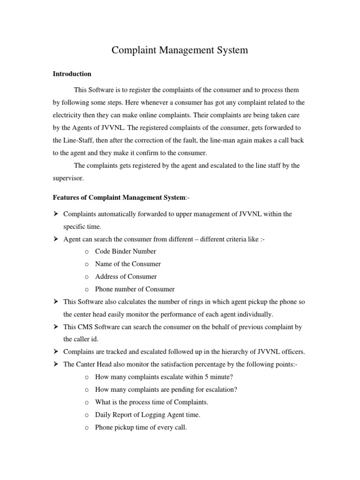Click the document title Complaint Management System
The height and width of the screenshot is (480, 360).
pyautogui.click(x=180, y=50)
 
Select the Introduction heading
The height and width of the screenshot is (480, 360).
pyautogui.click(x=72, y=74)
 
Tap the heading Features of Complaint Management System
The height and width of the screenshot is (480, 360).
pyautogui.click(x=119, y=198)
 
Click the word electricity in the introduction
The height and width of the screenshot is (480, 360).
pyautogui.click(x=68, y=114)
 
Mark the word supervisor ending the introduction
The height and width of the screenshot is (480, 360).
pyautogui.click(x=68, y=178)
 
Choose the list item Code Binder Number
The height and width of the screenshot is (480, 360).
pyautogui.click(x=125, y=251)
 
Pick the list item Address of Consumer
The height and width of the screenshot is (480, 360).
pyautogui.click(x=126, y=277)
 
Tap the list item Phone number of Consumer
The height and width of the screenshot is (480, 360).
pyautogui.click(x=135, y=289)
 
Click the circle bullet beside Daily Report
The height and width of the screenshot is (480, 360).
pyautogui.click(x=87, y=415)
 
